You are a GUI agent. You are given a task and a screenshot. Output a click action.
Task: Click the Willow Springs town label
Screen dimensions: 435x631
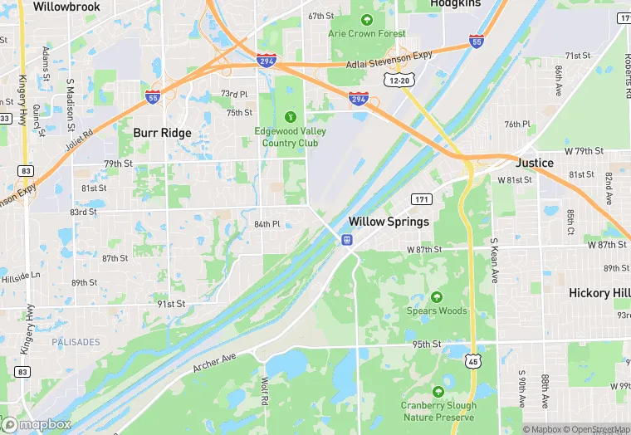pos(389,222)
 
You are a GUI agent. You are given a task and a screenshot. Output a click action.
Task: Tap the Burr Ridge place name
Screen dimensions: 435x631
pos(163,133)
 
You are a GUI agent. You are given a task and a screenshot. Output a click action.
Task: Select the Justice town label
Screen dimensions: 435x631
pos(535,163)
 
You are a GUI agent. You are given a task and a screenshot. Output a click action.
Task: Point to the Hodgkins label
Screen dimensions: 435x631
pos(456,4)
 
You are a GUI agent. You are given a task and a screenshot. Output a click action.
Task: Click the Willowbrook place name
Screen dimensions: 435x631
pos(66,7)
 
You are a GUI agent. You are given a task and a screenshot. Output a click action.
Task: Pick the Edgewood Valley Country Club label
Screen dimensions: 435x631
pos(290,137)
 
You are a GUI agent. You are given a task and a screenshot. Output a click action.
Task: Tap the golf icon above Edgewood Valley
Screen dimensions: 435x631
pos(290,116)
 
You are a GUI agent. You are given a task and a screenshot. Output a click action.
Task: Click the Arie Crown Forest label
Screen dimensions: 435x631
pos(366,34)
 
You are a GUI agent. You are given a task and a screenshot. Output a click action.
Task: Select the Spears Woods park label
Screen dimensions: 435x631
pos(437,311)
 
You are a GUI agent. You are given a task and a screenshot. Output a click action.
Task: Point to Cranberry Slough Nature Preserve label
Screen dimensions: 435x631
pos(439,411)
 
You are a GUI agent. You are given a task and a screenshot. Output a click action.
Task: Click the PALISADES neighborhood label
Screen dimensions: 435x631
pos(76,342)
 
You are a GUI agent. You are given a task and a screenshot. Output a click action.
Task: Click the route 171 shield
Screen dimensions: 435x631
pos(423,199)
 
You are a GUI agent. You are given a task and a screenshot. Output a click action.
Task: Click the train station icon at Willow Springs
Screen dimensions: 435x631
pos(346,240)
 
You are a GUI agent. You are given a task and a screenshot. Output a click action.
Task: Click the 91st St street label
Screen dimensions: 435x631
pos(171,305)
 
